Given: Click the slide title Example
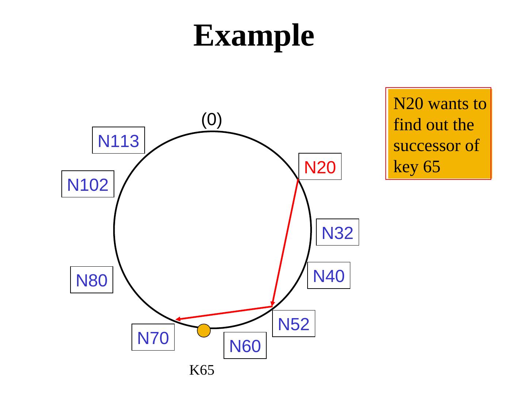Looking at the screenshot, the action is [x=254, y=35].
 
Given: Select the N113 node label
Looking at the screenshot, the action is [x=119, y=141].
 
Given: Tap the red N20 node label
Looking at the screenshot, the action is [x=320, y=167].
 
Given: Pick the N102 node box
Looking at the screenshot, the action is [x=88, y=185].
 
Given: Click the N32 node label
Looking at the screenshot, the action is [x=338, y=233].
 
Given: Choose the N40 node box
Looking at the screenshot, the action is [x=329, y=276].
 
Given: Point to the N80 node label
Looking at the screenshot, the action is [x=92, y=280].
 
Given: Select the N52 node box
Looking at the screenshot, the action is [x=294, y=324].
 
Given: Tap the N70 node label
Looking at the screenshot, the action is [x=153, y=338].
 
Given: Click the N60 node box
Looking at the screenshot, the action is [x=245, y=346].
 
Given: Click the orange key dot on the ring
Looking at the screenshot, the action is [x=204, y=331].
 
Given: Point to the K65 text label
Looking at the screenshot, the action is [x=202, y=370].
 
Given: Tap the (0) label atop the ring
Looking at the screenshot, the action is [x=211, y=119].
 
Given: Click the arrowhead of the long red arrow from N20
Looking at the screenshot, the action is [x=272, y=304].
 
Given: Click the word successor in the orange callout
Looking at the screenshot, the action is [x=432, y=146].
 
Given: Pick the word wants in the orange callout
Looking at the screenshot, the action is [x=450, y=104].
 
